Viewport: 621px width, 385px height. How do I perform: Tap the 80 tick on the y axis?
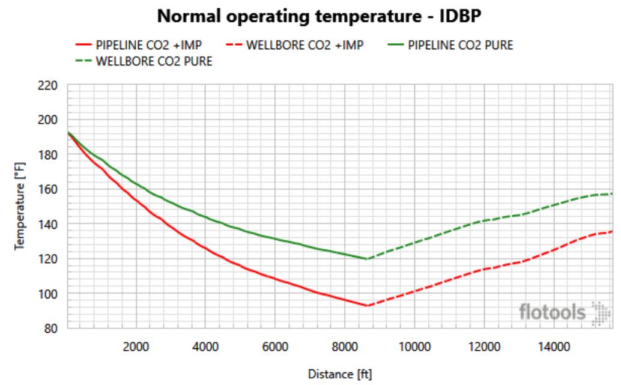click(52, 329)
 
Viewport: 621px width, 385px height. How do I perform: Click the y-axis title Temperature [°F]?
click(20, 207)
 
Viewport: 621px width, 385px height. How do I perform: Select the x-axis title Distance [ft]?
click(339, 374)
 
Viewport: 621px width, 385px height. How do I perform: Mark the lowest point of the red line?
click(366, 306)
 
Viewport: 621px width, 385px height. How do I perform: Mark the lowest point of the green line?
click(366, 259)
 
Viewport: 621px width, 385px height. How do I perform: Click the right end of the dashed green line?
click(611, 193)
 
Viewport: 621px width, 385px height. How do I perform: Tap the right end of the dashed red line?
click(611, 231)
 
